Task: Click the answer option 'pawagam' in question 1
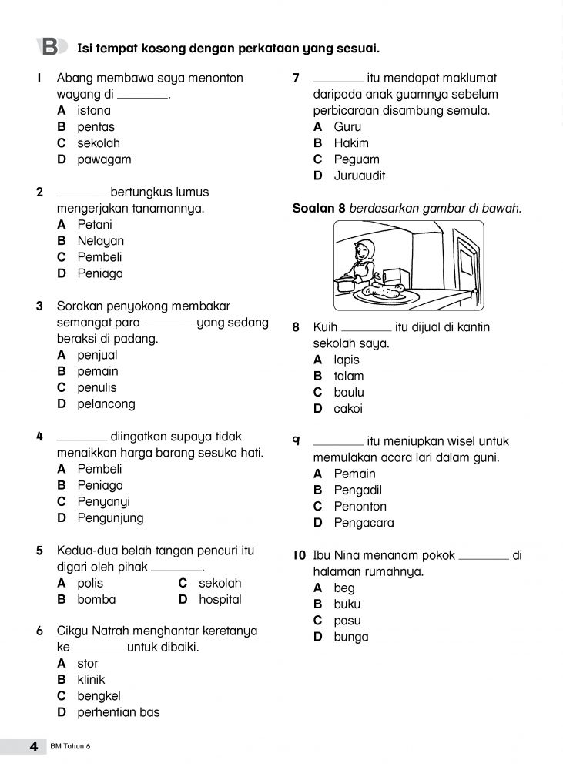(104, 159)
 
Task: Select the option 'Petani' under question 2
(95, 225)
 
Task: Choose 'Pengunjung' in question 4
(110, 518)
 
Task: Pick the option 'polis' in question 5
(90, 584)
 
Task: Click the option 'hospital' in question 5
(220, 599)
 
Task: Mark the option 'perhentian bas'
(119, 712)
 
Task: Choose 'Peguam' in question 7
(357, 159)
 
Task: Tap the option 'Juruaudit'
(360, 176)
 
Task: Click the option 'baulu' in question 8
(349, 393)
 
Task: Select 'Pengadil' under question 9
(358, 490)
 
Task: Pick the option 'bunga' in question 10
(351, 637)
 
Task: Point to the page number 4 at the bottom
(33, 746)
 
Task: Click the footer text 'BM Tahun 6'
(74, 747)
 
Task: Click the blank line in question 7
(338, 79)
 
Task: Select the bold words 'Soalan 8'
(319, 208)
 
